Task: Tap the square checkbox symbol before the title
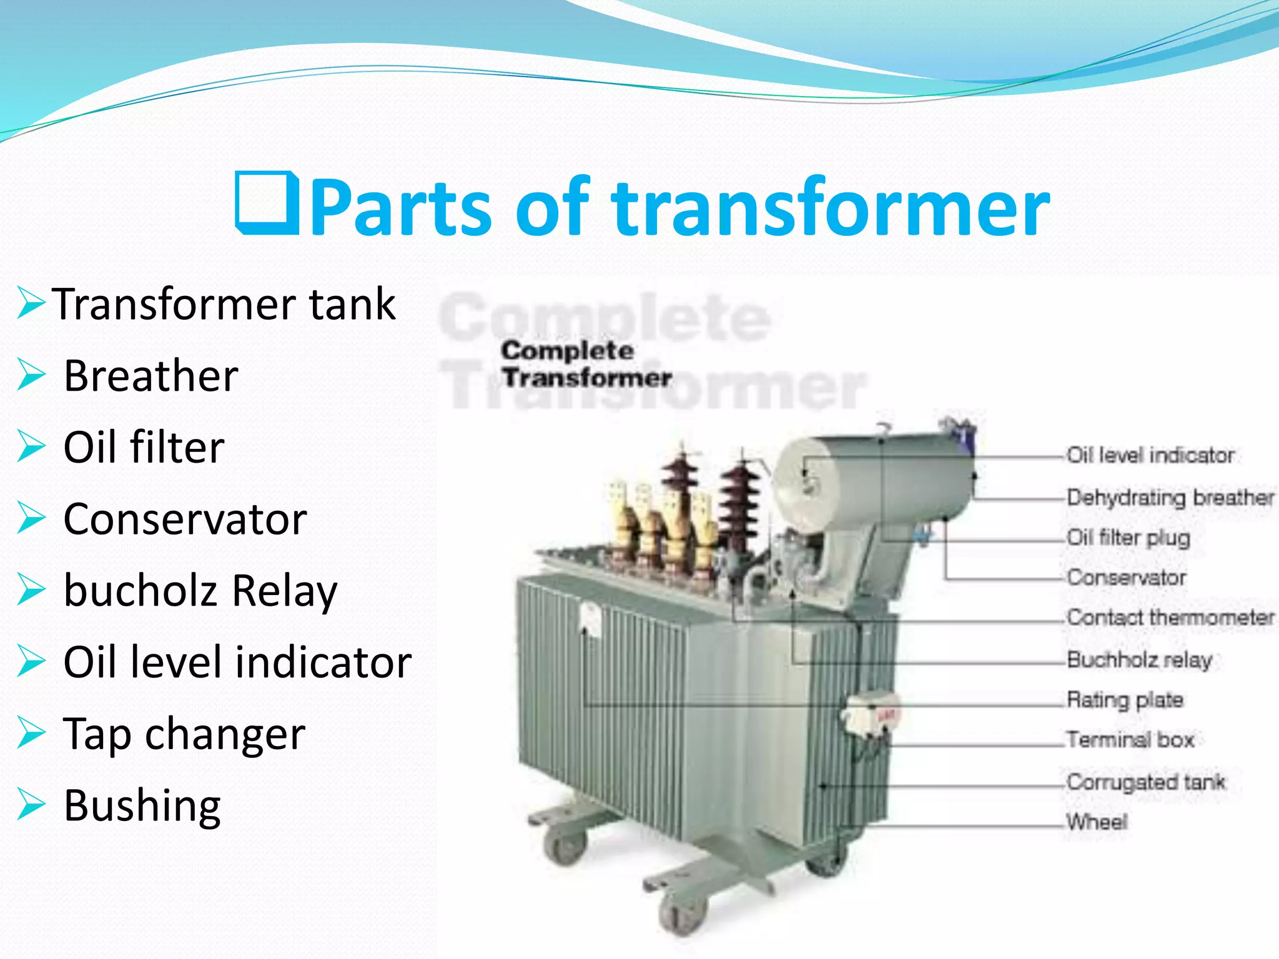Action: [267, 203]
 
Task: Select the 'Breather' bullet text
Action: [151, 376]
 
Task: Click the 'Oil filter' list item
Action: [144, 448]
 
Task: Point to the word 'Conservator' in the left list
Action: [185, 519]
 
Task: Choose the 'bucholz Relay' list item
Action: [200, 591]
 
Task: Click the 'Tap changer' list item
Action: [184, 734]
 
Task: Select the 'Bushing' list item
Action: [142, 805]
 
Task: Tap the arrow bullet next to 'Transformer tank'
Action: [31, 303]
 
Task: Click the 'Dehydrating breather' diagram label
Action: [1170, 498]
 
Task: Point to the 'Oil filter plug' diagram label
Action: [1128, 538]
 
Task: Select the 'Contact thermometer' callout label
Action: [1170, 617]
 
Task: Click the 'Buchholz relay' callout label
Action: [1138, 659]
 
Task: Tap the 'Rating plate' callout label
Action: [1124, 700]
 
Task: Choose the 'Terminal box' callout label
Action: [1130, 740]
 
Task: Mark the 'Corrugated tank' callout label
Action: [1145, 782]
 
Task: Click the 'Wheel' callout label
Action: [1097, 822]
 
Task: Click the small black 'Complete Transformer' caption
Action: [586, 364]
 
